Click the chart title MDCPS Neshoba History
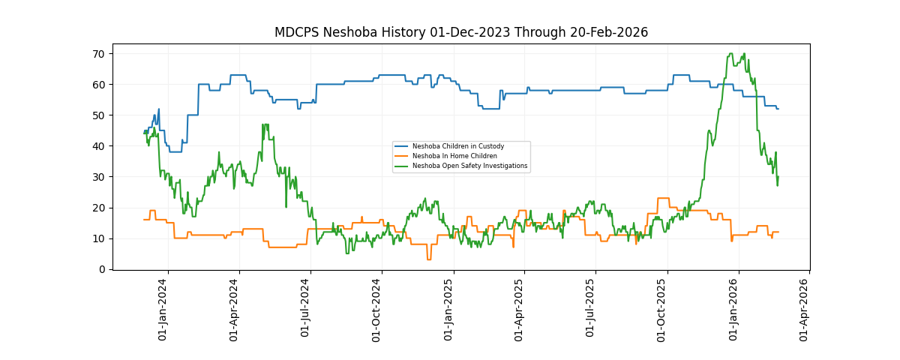(460, 32)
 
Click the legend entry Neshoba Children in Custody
(457, 146)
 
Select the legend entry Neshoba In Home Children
(454, 156)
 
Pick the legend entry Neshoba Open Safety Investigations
(469, 166)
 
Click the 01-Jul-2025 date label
(591, 310)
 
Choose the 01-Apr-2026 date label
(805, 310)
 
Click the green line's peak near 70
(730, 54)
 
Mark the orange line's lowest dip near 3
(428, 259)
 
